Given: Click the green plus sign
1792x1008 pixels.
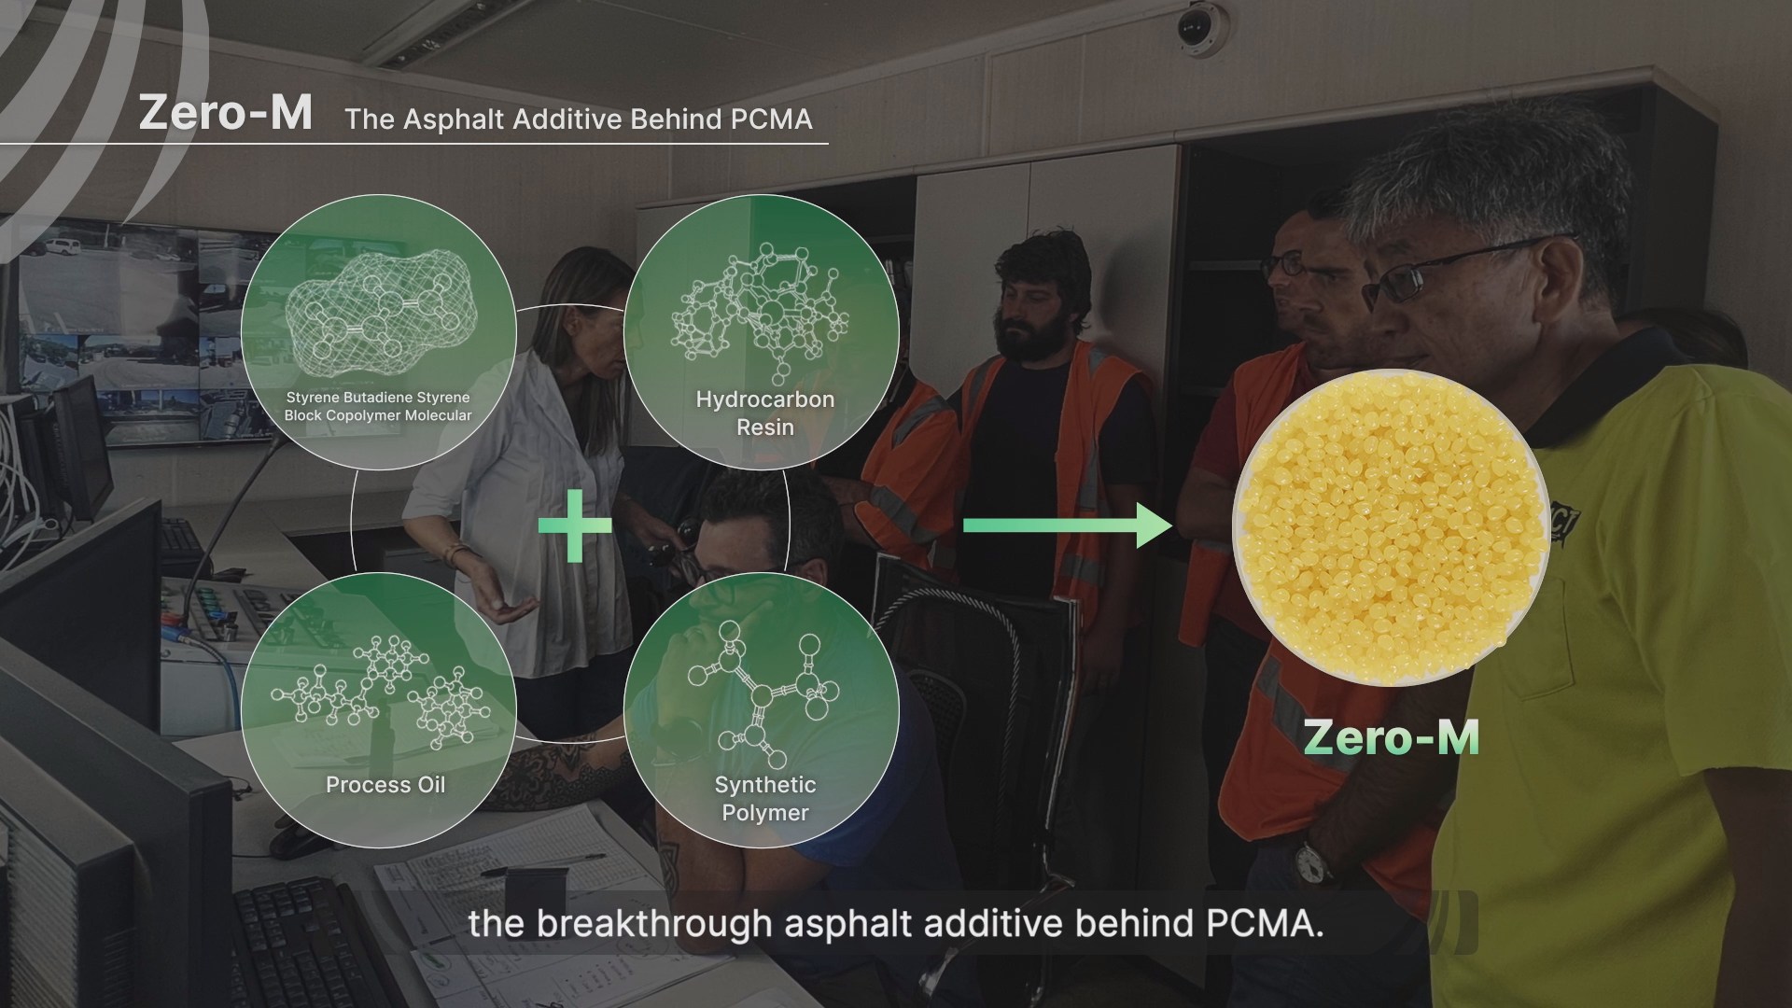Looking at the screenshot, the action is click(x=575, y=525).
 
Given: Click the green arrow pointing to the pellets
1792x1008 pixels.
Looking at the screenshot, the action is click(x=1067, y=525).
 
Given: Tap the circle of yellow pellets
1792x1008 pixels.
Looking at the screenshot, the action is click(x=1391, y=527).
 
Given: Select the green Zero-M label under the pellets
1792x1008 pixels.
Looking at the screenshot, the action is click(x=1391, y=737).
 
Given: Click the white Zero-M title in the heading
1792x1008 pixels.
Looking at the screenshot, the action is click(x=225, y=113).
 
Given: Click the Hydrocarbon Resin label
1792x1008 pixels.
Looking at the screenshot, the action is click(x=765, y=413).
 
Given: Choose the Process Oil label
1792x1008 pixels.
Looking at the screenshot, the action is click(x=385, y=785).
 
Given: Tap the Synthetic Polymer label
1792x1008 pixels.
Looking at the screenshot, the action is click(x=765, y=799).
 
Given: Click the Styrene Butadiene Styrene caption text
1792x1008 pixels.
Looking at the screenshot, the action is click(x=378, y=406).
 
